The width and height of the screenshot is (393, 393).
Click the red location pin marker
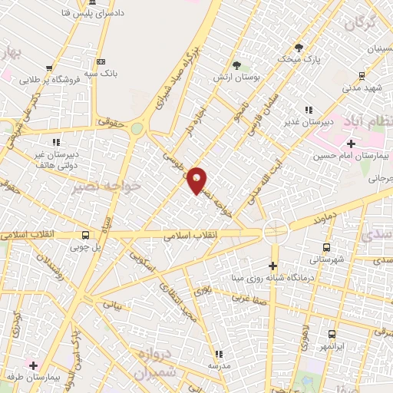point(197,180)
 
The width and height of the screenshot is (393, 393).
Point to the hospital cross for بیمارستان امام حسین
point(351,144)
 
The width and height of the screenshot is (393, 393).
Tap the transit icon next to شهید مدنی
point(361,75)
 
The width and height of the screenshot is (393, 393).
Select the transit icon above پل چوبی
point(85,235)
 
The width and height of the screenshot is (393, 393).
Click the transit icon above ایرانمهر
point(332,334)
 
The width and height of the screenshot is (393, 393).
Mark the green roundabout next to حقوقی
point(137,128)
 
